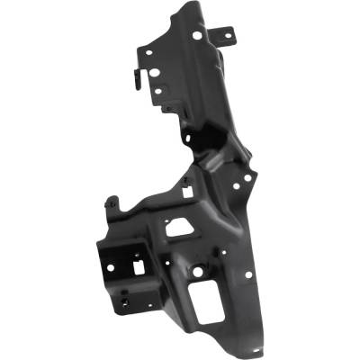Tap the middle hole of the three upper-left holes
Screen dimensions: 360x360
tap(159, 77)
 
